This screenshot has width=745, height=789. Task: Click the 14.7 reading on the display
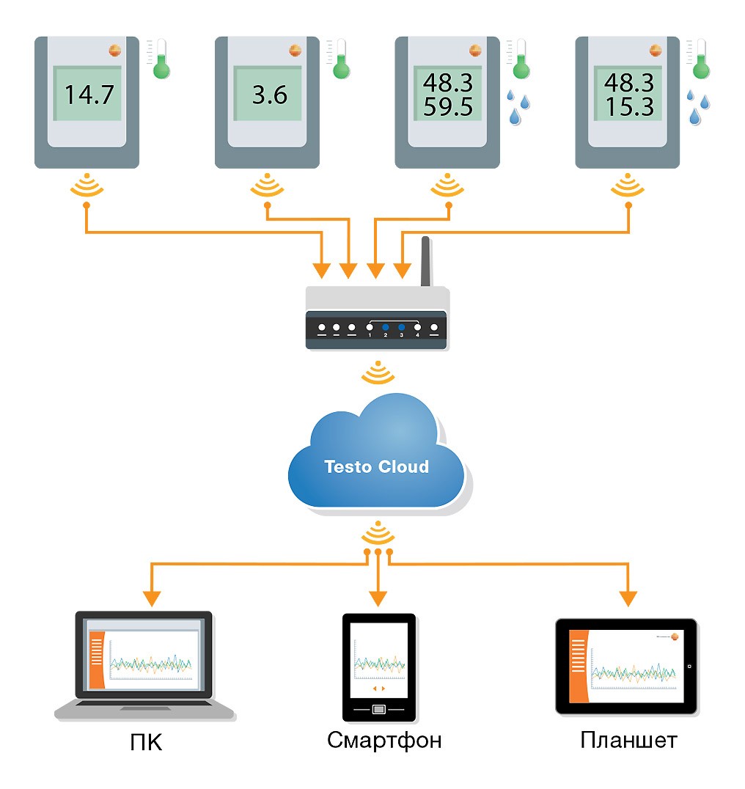[x=89, y=95]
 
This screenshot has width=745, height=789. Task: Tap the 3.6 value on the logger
[x=269, y=95]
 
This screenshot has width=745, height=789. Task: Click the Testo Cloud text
[x=377, y=466]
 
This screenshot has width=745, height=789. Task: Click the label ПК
[x=145, y=743]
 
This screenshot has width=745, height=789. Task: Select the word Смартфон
[x=385, y=741]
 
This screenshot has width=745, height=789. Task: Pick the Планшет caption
[x=628, y=741]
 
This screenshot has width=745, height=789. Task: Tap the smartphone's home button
[x=378, y=709]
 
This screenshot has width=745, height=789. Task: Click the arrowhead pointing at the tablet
[x=628, y=598]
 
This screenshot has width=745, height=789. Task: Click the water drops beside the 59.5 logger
[x=518, y=107]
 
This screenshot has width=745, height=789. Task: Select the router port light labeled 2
[x=385, y=327]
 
